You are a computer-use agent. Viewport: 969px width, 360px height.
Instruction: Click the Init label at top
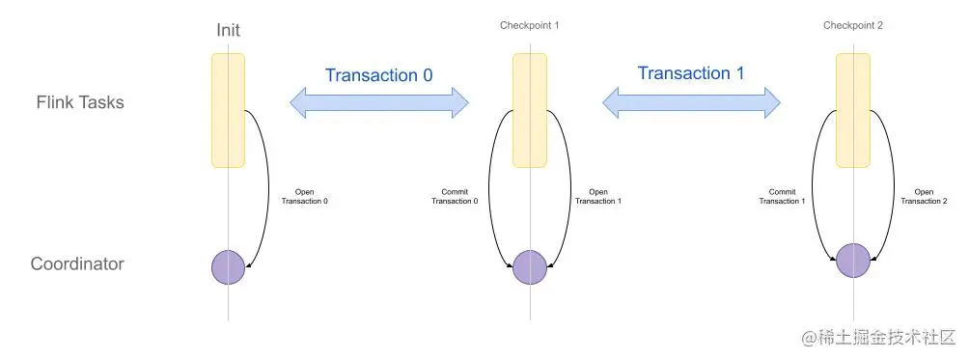pyautogui.click(x=228, y=31)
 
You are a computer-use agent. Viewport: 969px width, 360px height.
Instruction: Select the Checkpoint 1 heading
pyautogui.click(x=529, y=24)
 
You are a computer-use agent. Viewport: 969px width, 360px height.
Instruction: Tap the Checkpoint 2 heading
pyautogui.click(x=853, y=24)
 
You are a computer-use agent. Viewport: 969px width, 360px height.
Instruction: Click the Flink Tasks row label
pyautogui.click(x=80, y=101)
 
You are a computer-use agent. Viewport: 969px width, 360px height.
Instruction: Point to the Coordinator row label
pyautogui.click(x=77, y=263)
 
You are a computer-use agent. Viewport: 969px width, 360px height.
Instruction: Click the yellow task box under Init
pyautogui.click(x=228, y=110)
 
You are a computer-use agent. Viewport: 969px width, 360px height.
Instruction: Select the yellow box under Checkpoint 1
pyautogui.click(x=530, y=110)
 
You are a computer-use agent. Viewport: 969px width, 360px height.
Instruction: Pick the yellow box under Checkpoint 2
pyautogui.click(x=853, y=110)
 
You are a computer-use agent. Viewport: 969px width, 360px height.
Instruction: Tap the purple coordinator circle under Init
pyautogui.click(x=229, y=267)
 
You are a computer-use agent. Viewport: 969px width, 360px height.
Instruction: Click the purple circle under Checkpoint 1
pyautogui.click(x=530, y=267)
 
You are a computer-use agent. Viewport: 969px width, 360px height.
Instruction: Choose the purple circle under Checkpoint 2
pyautogui.click(x=853, y=261)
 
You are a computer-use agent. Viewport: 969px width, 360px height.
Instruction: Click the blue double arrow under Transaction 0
pyautogui.click(x=379, y=102)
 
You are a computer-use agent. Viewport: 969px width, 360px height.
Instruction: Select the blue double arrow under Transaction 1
pyautogui.click(x=691, y=100)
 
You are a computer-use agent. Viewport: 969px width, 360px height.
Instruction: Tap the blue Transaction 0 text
pyautogui.click(x=378, y=75)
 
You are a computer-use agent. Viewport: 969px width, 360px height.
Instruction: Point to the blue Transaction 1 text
pyautogui.click(x=690, y=73)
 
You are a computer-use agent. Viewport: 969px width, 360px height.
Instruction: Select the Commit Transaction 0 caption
pyautogui.click(x=454, y=196)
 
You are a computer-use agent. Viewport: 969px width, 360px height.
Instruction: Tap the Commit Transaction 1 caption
pyautogui.click(x=779, y=196)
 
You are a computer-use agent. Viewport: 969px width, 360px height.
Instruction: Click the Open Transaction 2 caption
pyautogui.click(x=924, y=196)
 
